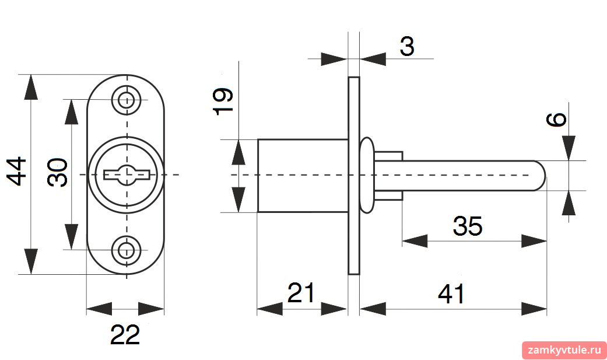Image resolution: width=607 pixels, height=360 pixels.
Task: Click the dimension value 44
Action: [17, 172]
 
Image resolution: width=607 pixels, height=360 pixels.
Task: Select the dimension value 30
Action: [57, 173]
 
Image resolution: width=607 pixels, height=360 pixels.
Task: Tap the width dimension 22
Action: [125, 334]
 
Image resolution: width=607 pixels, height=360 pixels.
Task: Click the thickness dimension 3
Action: [407, 46]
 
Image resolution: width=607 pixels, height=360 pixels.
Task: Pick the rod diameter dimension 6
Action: [556, 120]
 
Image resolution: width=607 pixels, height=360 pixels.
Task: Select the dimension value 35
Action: [468, 226]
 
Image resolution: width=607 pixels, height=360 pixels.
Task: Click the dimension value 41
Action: [451, 293]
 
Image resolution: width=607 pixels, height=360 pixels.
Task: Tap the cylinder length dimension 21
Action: [301, 292]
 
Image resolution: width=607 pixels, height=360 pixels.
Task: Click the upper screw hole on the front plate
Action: [125, 100]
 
